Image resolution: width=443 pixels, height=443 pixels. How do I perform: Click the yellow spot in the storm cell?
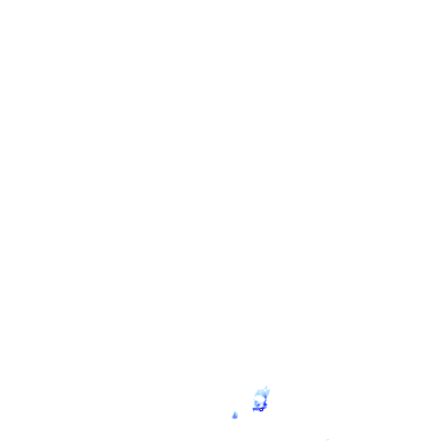[261, 409]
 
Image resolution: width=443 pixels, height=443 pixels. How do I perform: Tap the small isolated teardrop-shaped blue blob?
[235, 416]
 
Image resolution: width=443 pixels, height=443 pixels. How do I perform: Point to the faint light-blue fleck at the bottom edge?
[327, 440]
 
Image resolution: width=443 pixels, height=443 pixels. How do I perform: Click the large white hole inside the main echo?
[260, 399]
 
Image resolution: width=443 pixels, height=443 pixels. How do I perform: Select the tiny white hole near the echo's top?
[265, 390]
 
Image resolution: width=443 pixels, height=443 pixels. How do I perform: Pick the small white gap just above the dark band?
[261, 405]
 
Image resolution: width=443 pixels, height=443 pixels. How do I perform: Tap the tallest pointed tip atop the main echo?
[267, 386]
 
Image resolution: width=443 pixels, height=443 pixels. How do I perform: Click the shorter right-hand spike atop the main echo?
[270, 389]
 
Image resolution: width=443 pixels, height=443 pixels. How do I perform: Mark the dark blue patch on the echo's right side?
[265, 404]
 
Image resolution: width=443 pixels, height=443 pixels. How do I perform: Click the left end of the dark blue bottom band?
[254, 409]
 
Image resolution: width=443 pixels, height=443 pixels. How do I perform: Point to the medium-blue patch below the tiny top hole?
[265, 396]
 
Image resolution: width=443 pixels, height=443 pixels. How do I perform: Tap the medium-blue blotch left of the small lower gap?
[258, 405]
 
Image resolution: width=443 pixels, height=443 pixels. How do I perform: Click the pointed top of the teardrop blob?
[235, 411]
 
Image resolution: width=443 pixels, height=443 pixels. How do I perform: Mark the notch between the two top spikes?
[268, 389]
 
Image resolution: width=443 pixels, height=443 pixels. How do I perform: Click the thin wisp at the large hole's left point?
[254, 399]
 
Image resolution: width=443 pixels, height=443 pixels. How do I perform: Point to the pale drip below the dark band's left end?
[254, 411]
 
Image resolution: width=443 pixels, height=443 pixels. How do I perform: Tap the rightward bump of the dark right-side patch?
[267, 404]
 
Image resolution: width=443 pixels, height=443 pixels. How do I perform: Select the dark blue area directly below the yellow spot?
[261, 411]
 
